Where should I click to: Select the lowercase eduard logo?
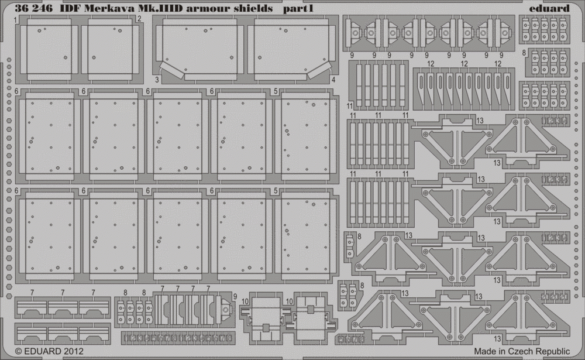click(549, 8)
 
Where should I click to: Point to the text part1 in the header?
click(298, 9)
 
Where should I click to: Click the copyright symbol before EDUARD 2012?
click(19, 351)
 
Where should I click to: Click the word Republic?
click(553, 352)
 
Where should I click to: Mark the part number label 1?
click(16, 20)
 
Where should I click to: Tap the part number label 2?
click(139, 19)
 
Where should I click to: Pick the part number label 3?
click(157, 80)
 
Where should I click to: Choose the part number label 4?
click(333, 80)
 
